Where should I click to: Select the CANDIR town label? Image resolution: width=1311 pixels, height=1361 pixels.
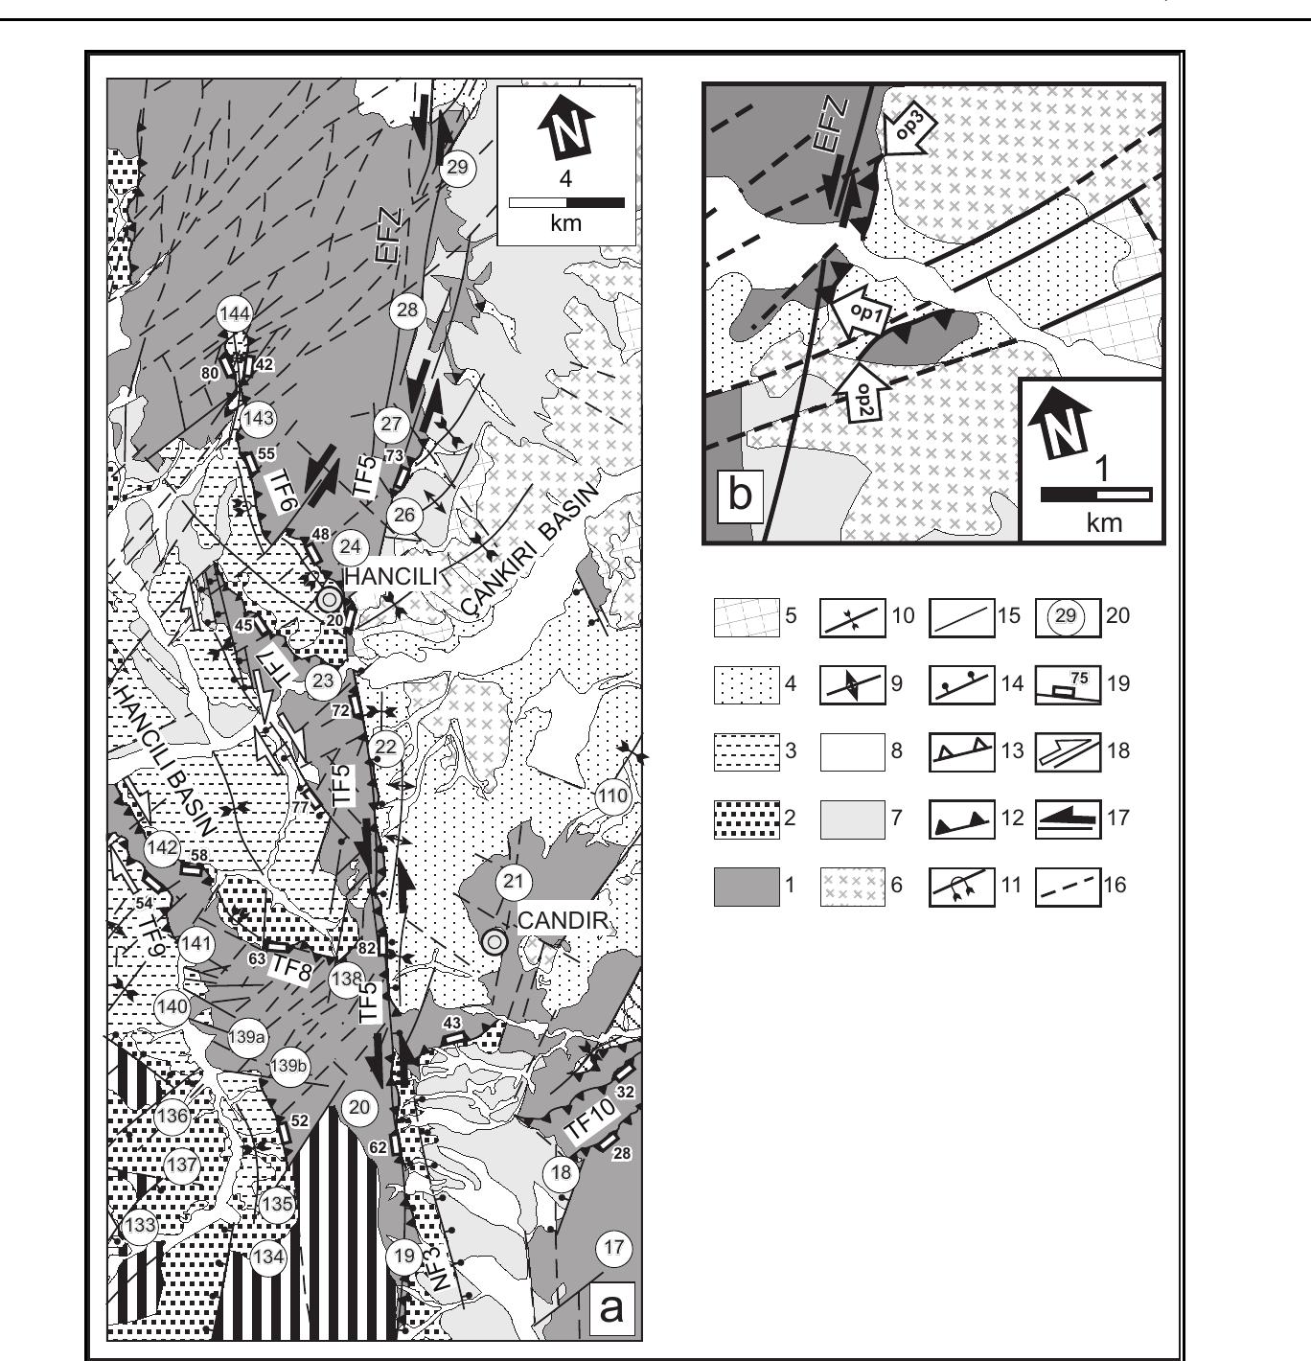coord(563,921)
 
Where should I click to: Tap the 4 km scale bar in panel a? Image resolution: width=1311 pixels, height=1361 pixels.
coord(566,202)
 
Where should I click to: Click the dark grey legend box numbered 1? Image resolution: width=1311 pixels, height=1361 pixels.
coord(746,885)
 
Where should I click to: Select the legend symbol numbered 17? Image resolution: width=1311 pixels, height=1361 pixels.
coord(1068,818)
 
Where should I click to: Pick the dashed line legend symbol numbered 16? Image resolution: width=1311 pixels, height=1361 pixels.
coord(1068,885)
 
